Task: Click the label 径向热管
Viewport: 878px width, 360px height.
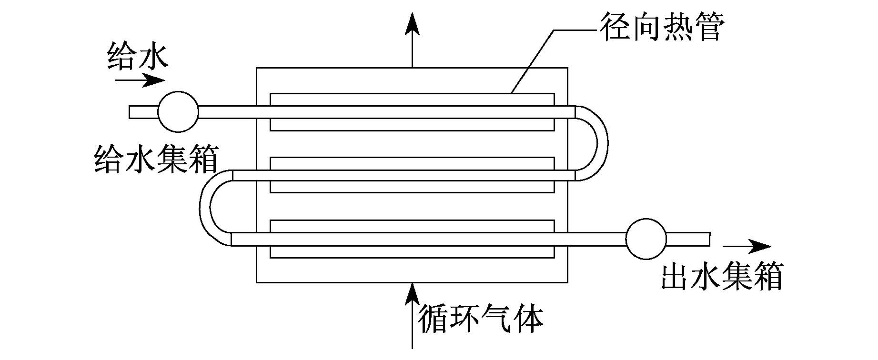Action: pos(662,27)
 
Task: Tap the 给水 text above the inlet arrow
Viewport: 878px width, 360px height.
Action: pos(138,57)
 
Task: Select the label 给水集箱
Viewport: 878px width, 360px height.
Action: pos(156,160)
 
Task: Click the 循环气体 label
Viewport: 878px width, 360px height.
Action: pos(481,317)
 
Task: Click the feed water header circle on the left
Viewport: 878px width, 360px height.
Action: pos(178,112)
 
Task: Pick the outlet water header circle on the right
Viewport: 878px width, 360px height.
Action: pos(646,239)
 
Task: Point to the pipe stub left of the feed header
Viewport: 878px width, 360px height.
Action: pos(143,112)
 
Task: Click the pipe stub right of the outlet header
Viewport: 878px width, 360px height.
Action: pos(688,239)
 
